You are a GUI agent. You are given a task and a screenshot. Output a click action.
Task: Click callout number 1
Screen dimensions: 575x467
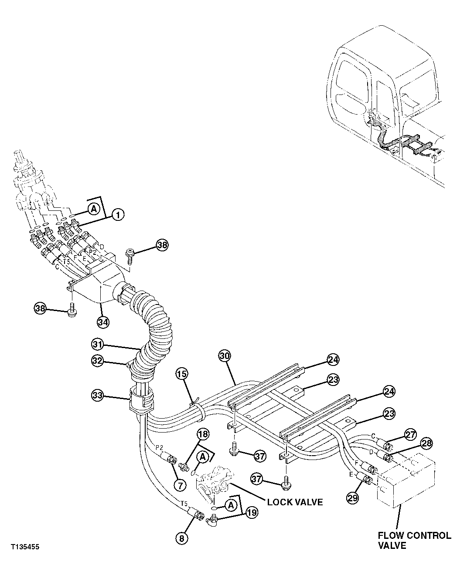pyautogui.click(x=118, y=214)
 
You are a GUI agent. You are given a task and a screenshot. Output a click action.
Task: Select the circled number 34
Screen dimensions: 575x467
pyautogui.click(x=103, y=322)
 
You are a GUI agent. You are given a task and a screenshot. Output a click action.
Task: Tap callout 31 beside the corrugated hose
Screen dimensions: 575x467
pyautogui.click(x=98, y=344)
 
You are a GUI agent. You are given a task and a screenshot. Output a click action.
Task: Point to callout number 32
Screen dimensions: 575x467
pyautogui.click(x=98, y=360)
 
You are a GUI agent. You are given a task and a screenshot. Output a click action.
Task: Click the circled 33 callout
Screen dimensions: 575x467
pyautogui.click(x=98, y=396)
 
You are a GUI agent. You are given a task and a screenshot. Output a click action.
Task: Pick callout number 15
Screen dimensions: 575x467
pyautogui.click(x=182, y=373)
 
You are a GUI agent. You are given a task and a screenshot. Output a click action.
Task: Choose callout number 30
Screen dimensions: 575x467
pyautogui.click(x=224, y=356)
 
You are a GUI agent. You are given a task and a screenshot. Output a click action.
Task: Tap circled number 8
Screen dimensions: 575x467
pyautogui.click(x=182, y=538)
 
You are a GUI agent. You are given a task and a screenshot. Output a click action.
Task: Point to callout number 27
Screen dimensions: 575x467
pyautogui.click(x=410, y=434)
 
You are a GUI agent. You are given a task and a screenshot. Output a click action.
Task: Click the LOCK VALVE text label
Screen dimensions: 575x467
pyautogui.click(x=295, y=502)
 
